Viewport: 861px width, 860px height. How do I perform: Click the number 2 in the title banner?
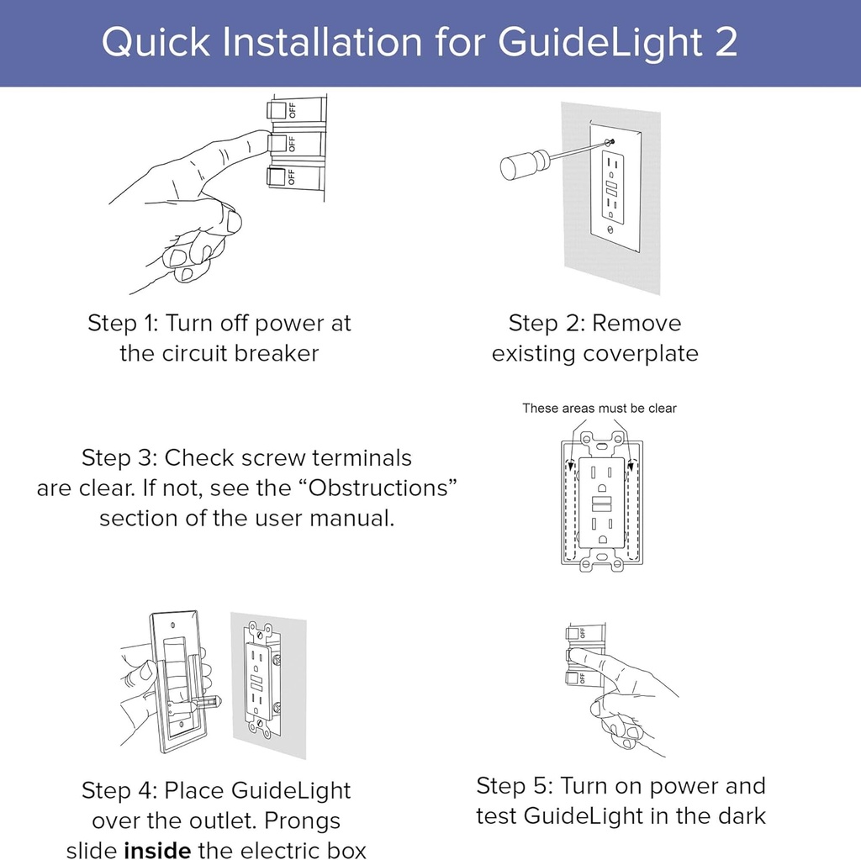[x=724, y=43]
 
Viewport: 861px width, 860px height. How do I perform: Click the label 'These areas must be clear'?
[x=599, y=409]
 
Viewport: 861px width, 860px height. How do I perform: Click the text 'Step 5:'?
[x=514, y=786]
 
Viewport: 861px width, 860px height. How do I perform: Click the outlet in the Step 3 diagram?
[x=602, y=503]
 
